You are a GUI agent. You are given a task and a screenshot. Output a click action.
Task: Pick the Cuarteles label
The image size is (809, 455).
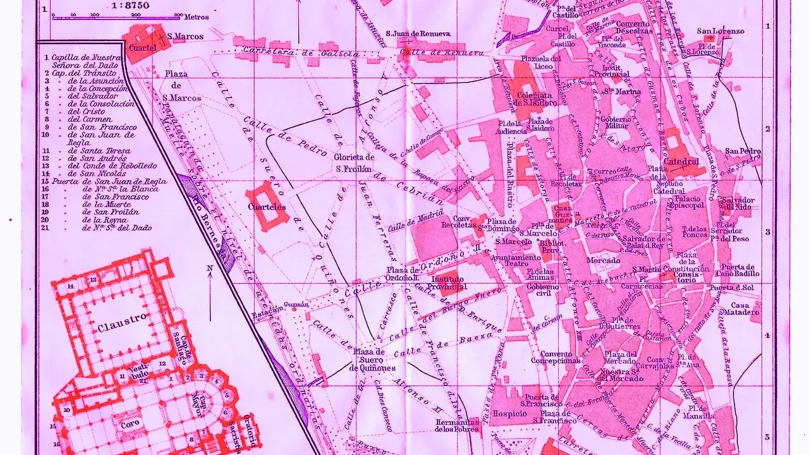(x=267, y=207)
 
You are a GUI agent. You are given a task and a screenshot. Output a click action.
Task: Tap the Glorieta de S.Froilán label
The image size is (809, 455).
(x=355, y=163)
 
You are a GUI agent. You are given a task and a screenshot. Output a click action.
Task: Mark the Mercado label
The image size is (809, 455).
(x=603, y=260)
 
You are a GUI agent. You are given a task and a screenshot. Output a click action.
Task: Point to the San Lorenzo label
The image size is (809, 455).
(x=720, y=31)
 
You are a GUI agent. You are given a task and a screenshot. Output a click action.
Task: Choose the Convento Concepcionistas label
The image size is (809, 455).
(x=556, y=357)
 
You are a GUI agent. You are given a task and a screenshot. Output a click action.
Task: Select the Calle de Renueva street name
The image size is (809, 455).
(x=453, y=53)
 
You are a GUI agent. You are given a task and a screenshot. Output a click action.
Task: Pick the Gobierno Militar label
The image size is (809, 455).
(x=614, y=122)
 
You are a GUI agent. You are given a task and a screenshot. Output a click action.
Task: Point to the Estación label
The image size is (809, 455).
(x=267, y=314)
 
